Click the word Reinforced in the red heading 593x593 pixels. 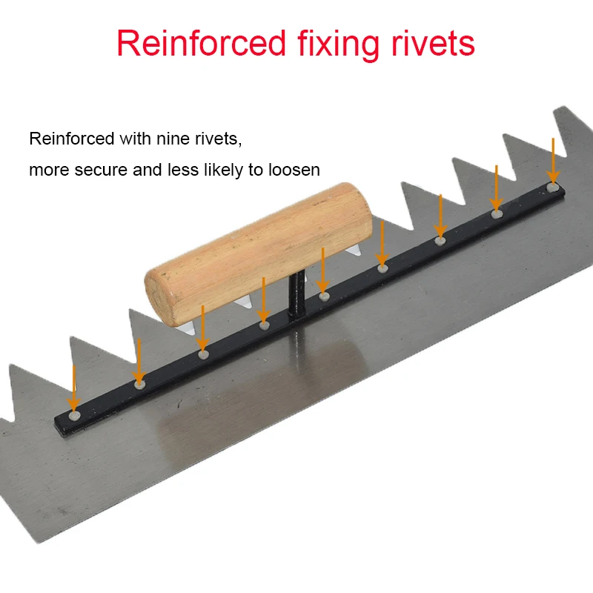pyautogui.click(x=201, y=43)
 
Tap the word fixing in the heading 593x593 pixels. pyautogui.click(x=338, y=44)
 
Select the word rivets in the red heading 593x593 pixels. pyautogui.click(x=433, y=44)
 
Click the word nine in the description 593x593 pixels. pyautogui.click(x=173, y=139)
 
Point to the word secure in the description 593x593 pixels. pyautogui.click(x=101, y=170)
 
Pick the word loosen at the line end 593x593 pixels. pyautogui.click(x=294, y=170)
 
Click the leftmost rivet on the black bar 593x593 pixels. pyautogui.click(x=74, y=416)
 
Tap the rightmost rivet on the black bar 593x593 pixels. pyautogui.click(x=553, y=188)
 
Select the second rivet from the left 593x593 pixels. pyautogui.click(x=139, y=385)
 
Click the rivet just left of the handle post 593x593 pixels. pyautogui.click(x=264, y=325)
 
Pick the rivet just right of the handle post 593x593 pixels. pyautogui.click(x=324, y=296)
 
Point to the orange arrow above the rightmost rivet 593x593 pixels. pyautogui.click(x=553, y=161)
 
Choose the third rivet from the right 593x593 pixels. pyautogui.click(x=440, y=240)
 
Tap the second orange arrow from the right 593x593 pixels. pyautogui.click(x=496, y=188)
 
